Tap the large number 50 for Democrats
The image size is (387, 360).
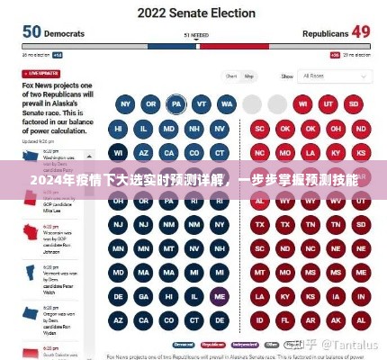[31, 31]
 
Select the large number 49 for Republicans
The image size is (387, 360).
[360, 31]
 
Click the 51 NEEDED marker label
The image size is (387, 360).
[196, 36]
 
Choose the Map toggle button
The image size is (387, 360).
[249, 76]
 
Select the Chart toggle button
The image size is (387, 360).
[231, 76]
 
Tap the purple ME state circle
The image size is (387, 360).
[219, 294]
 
